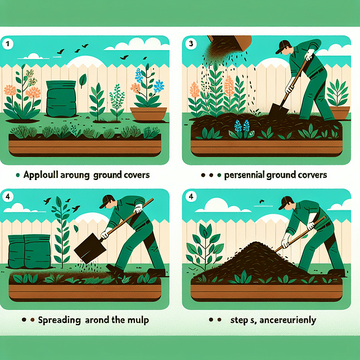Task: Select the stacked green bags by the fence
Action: click(x=26, y=250)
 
